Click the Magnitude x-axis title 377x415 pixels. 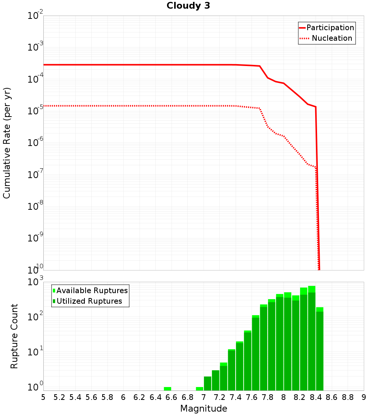pos(204,409)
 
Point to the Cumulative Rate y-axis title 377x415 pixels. pos(7,143)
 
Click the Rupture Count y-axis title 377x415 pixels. pos(14,336)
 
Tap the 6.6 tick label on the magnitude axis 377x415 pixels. pos(172,397)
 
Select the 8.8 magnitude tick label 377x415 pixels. pos(348,397)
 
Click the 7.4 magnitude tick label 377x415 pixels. pos(236,397)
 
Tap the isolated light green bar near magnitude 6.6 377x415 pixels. pos(167,389)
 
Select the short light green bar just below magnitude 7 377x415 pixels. pos(199,389)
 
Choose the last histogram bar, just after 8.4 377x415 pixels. pos(320,349)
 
